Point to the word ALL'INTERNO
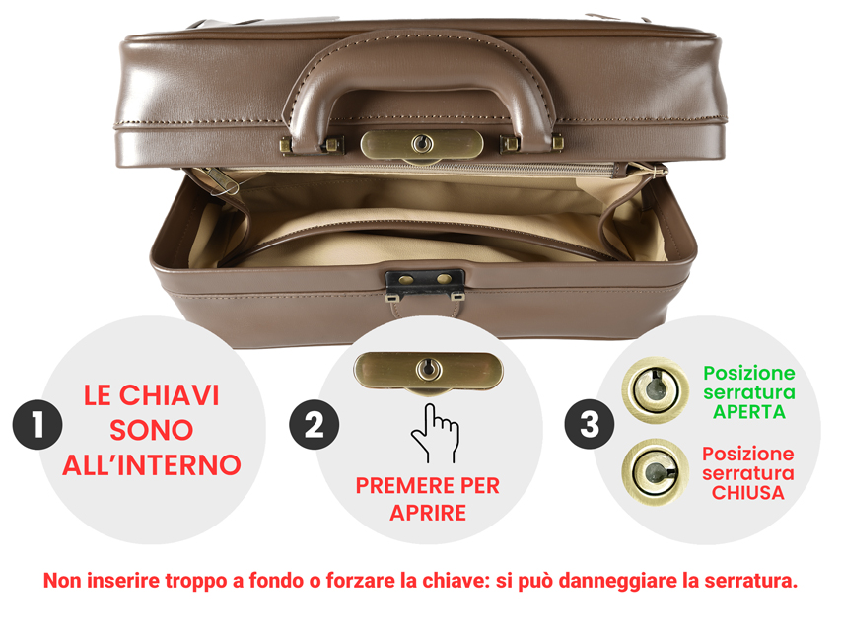coord(151,465)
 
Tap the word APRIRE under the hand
coord(428,513)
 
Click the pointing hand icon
coord(435,434)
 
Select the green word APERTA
coord(749,412)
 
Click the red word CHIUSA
coord(748,493)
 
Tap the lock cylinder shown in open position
coord(656,390)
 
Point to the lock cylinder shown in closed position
coord(656,472)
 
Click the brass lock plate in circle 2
coord(428,372)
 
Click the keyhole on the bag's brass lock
coord(422,143)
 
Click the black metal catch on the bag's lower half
coord(425,286)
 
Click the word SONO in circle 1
coord(151,430)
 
